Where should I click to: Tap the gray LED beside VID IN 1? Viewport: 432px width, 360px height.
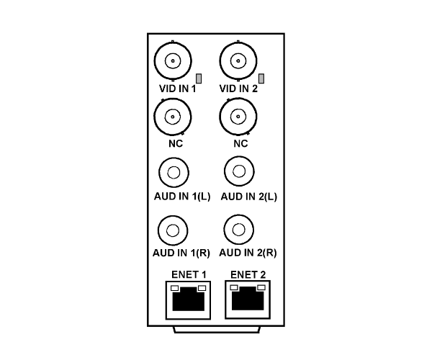click(x=199, y=78)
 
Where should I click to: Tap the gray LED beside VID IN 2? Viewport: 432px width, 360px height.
click(x=261, y=78)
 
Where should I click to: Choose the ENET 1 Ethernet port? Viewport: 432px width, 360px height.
click(x=188, y=300)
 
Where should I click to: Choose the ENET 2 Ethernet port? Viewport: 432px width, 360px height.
click(x=248, y=300)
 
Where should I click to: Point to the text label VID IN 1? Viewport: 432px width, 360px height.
click(x=178, y=89)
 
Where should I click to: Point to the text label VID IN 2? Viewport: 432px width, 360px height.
click(x=238, y=89)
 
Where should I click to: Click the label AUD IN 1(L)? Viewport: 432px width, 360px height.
click(x=182, y=197)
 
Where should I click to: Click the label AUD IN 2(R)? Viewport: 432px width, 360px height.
click(x=248, y=253)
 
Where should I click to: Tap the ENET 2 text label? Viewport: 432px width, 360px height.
click(x=248, y=274)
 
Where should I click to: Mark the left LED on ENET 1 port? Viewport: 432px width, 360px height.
click(x=175, y=288)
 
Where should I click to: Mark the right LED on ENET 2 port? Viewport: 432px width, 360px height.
click(x=261, y=287)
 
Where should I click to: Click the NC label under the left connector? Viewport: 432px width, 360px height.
click(x=176, y=143)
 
